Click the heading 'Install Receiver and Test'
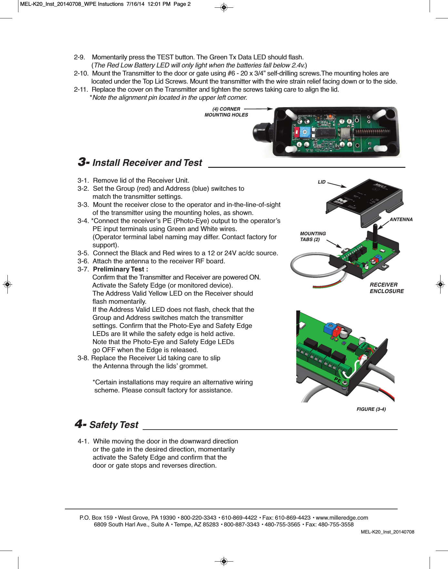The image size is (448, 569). (147, 163)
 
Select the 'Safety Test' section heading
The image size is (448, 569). (114, 425)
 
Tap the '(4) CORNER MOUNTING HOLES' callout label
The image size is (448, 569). (226, 112)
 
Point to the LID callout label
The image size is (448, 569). (321, 182)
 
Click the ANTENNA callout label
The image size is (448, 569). (401, 219)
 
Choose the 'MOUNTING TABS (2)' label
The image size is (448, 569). (313, 236)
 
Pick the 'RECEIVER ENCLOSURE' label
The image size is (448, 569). (387, 288)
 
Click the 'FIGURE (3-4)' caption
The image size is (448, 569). (371, 409)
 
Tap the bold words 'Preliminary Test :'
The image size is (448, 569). (120, 269)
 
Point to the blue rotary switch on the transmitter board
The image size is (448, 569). (305, 132)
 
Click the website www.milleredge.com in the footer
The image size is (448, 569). (342, 518)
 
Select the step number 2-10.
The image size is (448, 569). (81, 73)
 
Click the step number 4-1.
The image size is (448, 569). (83, 441)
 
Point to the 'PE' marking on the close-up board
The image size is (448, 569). (338, 380)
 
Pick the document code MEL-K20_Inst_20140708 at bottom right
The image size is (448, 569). (387, 532)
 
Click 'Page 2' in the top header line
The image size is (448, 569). (182, 4)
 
